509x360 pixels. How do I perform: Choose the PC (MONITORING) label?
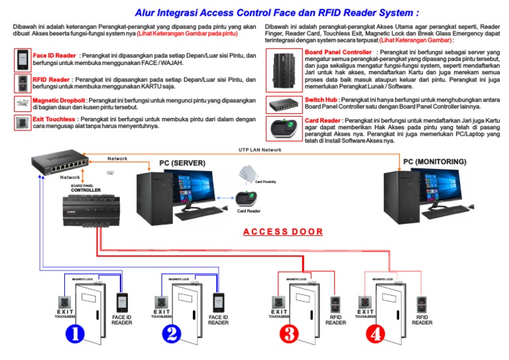(x=434, y=162)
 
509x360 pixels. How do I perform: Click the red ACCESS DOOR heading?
(x=283, y=231)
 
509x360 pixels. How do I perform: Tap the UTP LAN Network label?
(x=264, y=150)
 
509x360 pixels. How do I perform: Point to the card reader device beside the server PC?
(x=249, y=198)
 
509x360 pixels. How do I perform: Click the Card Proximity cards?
(x=246, y=174)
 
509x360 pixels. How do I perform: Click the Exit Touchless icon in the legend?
(x=22, y=123)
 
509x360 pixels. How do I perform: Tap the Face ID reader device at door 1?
(x=122, y=302)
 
